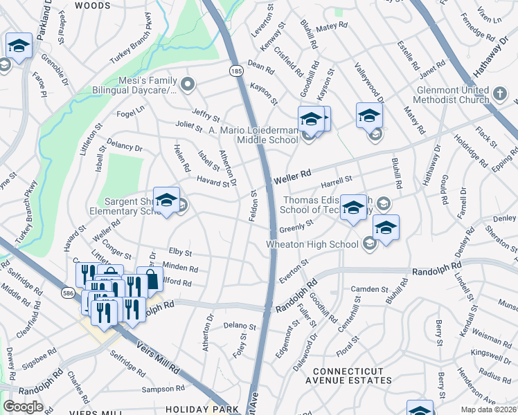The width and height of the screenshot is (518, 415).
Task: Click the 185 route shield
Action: point(236,71)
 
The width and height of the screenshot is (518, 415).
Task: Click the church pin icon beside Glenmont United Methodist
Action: point(500,92)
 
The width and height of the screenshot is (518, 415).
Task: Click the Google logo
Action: point(23,407)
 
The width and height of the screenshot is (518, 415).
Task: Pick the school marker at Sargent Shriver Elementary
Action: point(166,201)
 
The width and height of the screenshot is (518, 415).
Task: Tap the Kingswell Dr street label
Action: point(491,353)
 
